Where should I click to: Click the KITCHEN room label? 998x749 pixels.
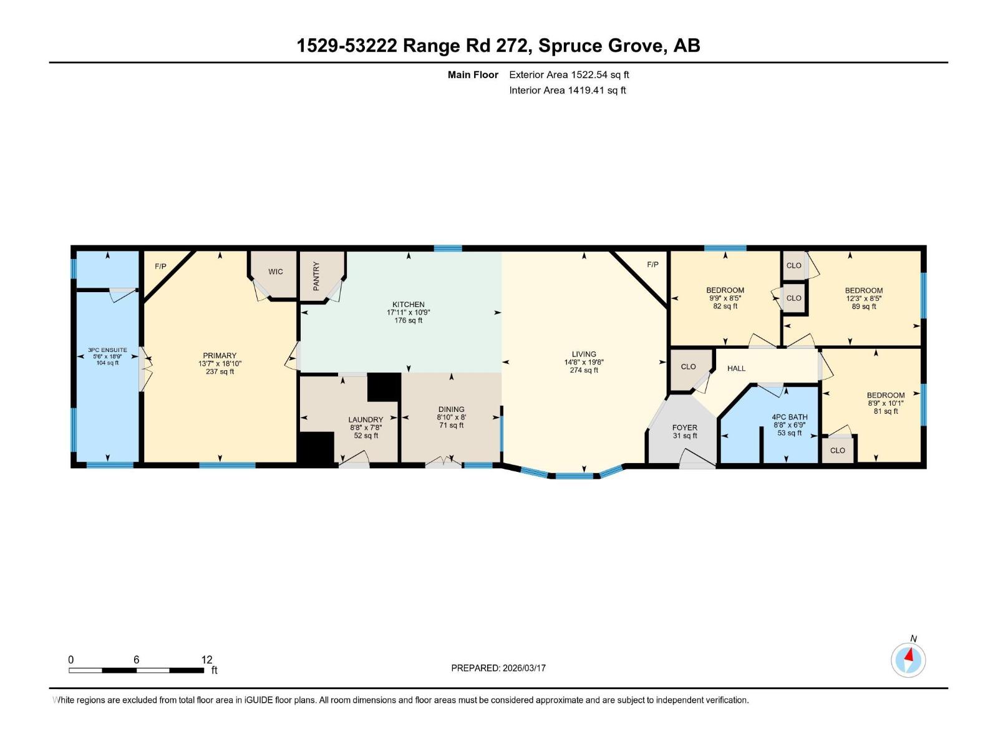point(408,304)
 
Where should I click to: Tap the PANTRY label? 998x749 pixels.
point(316,276)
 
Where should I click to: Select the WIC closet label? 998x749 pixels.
point(276,272)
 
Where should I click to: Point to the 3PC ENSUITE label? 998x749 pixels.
point(107,350)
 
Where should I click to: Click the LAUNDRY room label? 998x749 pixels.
point(366,420)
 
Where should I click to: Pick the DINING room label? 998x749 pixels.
point(451,409)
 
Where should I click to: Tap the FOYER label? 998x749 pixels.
point(684,428)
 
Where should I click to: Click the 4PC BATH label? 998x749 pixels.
point(789,417)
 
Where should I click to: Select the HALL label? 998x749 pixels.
point(736,368)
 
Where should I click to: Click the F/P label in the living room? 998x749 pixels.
point(652,265)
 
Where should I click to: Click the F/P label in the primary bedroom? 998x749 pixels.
point(160,267)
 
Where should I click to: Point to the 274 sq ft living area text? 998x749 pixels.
point(584,370)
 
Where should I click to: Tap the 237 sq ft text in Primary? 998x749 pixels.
point(220,371)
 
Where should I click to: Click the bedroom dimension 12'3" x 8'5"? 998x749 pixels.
point(864,298)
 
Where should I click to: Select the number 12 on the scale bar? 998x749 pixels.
point(206,659)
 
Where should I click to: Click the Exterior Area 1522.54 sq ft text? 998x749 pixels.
point(569,75)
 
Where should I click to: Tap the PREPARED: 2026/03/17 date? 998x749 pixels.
point(498,668)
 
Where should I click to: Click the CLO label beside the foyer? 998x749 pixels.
point(688,366)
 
